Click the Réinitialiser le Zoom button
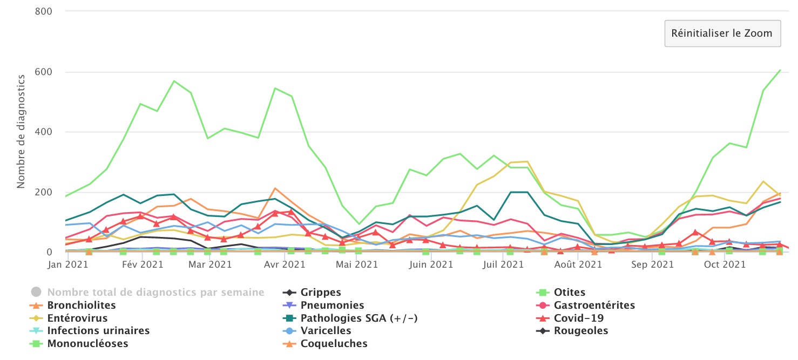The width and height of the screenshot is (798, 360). [x=722, y=33]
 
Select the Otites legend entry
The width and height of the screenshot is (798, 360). [x=569, y=293]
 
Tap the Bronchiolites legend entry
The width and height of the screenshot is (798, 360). [x=82, y=305]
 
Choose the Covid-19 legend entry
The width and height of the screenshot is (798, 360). [x=579, y=318]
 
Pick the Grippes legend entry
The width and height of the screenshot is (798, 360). [x=321, y=293]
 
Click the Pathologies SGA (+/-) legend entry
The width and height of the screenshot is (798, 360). [x=359, y=318]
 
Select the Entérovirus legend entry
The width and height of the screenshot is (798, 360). [x=77, y=318]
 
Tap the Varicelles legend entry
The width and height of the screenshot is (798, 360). [x=326, y=331]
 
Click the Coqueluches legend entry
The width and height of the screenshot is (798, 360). [x=334, y=344]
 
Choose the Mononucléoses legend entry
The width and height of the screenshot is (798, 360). [x=87, y=344]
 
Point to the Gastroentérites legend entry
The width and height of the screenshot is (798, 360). [x=594, y=305]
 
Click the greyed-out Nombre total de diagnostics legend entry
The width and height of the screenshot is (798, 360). [x=155, y=293]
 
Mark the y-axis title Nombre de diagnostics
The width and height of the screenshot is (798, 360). [x=21, y=131]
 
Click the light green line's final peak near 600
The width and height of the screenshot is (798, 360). [x=780, y=70]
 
